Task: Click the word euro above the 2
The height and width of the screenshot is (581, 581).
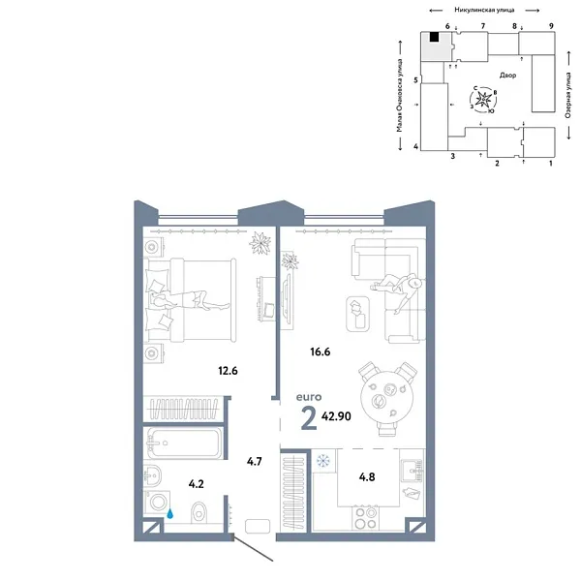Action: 310,396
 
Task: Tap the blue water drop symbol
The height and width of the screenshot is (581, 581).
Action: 170,515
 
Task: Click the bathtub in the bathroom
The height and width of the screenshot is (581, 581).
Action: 183,444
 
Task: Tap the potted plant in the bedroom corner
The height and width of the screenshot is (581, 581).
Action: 259,243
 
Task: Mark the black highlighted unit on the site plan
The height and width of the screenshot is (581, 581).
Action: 436,38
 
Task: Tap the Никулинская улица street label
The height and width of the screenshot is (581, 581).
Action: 482,8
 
